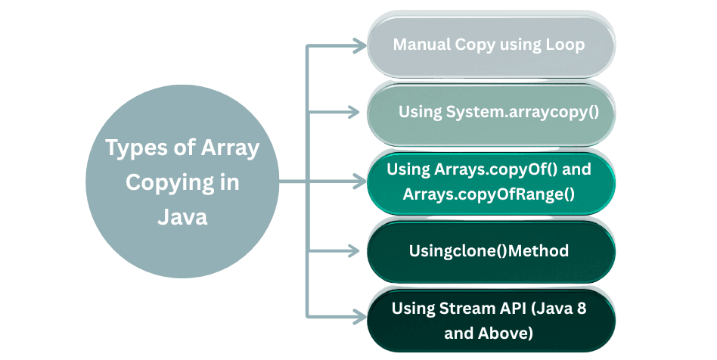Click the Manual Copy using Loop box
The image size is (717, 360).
[x=489, y=45]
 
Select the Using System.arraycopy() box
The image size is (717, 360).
[x=489, y=113]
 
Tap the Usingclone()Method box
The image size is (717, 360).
[x=489, y=250]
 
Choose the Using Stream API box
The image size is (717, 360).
[x=489, y=319]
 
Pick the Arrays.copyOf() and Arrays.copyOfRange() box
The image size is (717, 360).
[x=489, y=182]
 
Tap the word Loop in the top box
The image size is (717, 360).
[x=565, y=45]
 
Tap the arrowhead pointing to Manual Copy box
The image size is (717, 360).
[x=359, y=45]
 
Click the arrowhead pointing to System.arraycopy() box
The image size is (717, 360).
[x=359, y=113]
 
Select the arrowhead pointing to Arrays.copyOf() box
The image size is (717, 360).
[x=359, y=182]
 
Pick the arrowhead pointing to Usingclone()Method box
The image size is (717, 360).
[x=359, y=250]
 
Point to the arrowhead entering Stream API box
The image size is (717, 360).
[x=359, y=314]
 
